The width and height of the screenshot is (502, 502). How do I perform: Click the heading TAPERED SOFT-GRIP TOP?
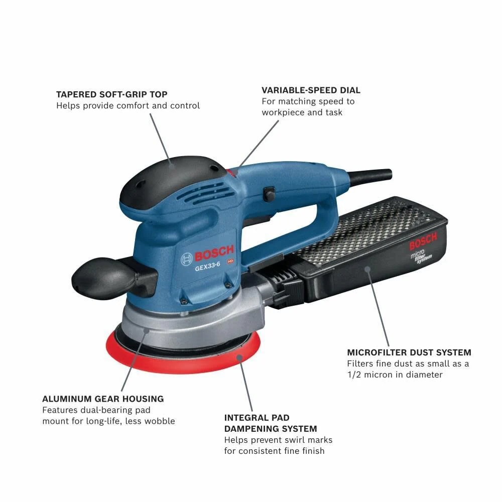112,94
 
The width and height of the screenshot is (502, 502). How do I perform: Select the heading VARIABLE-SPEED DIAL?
311,90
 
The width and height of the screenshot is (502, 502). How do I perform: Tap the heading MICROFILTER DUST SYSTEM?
409,352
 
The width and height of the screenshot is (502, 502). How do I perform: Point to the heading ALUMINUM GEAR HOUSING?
103,399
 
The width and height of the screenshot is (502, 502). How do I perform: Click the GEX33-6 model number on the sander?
207,267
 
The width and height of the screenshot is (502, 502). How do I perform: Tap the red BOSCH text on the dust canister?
423,241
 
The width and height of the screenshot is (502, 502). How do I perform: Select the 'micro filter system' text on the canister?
421,256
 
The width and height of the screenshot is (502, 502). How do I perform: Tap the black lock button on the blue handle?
269,194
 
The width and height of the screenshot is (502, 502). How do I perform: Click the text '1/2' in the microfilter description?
354,375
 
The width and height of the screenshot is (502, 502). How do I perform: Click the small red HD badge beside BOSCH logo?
230,261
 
